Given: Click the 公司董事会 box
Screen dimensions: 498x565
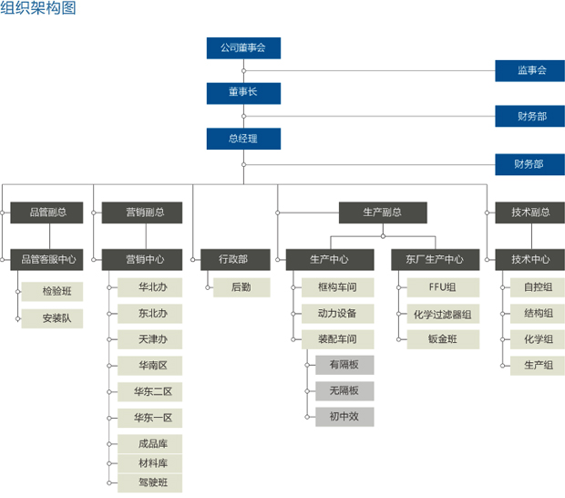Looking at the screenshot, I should pos(243,47).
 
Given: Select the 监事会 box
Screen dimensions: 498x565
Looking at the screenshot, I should pos(530,70).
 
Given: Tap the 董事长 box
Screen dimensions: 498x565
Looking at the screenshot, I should pos(243,93).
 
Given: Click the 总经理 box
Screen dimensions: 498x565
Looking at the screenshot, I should pos(243,139).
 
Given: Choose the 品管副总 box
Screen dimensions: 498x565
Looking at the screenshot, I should pos(46,213).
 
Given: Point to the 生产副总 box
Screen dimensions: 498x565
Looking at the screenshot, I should pos(382,213).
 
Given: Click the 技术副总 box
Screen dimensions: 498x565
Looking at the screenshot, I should pos(530,213).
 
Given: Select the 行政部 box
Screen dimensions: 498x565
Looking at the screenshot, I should pos(232,260).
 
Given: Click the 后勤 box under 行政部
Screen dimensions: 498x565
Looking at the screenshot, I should pos(241,287).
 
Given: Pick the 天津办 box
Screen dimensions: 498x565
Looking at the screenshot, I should pos(152,340).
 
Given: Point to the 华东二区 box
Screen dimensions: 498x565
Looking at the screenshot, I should pos(152,392).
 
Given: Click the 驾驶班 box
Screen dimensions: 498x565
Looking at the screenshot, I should pos(152,482).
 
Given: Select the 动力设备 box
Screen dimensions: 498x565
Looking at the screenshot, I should pos(337,314).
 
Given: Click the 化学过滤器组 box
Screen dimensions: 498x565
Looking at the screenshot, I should pos(441,314).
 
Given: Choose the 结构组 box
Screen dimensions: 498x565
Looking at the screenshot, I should pos(538,314).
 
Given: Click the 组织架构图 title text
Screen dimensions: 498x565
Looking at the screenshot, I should pos(38,9).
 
